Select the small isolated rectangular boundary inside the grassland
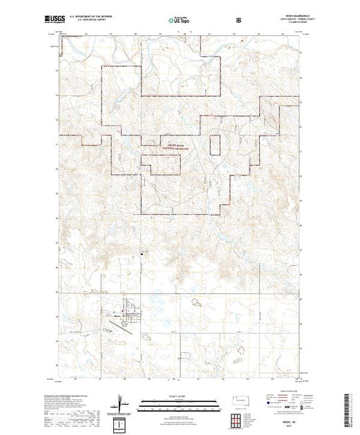215,146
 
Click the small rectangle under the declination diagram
121,422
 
